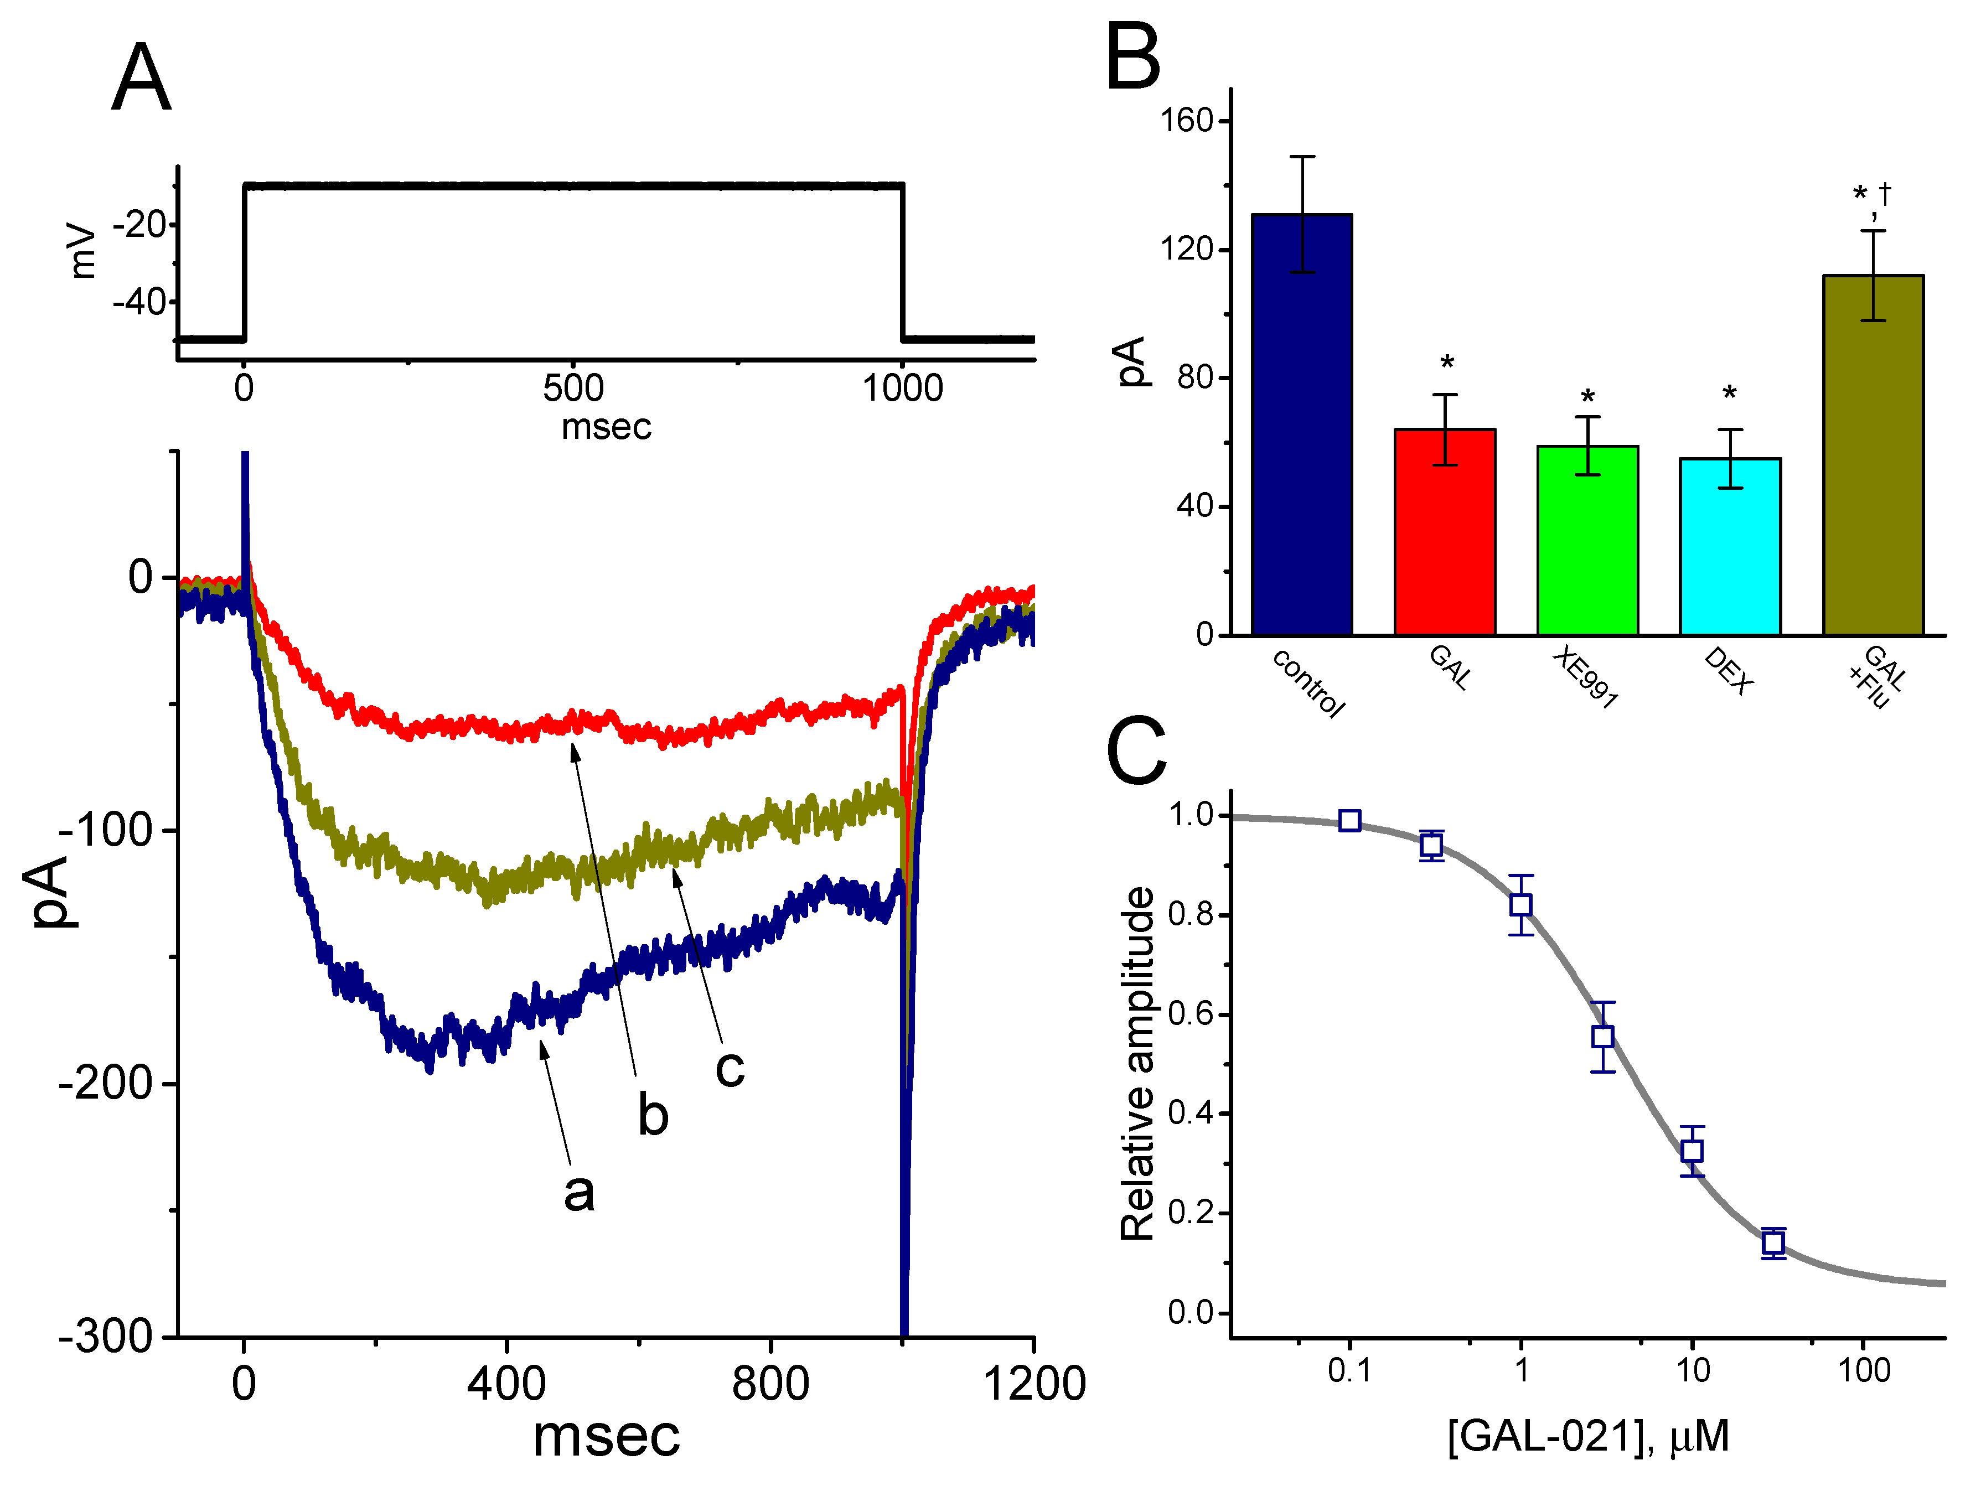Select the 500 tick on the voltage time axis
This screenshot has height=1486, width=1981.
pyautogui.click(x=573, y=388)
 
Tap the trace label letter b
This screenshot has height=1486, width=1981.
pyautogui.click(x=653, y=1115)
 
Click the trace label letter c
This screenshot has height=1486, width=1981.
pyautogui.click(x=730, y=1068)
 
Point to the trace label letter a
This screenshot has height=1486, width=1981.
pyautogui.click(x=578, y=1192)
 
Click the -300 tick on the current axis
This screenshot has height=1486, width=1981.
pyautogui.click(x=106, y=1337)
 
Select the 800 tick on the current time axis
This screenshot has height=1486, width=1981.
pyautogui.click(x=770, y=1383)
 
